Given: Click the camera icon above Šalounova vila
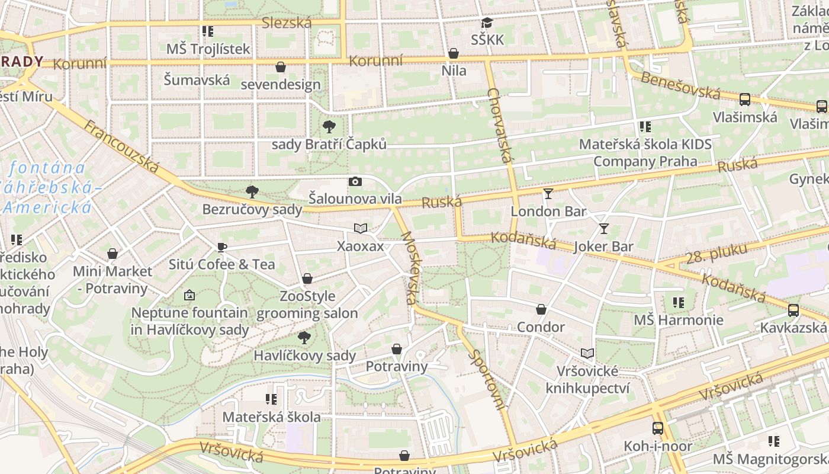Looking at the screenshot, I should (355, 182).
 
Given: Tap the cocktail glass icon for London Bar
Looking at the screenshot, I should (548, 194).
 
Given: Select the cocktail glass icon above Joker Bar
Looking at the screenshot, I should (603, 229).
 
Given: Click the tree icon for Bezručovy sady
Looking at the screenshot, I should (252, 191).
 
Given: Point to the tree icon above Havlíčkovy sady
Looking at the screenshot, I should (304, 338).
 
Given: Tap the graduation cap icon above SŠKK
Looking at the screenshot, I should (487, 23).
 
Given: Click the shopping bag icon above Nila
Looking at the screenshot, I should (454, 54).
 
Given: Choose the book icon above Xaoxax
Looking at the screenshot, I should (360, 228).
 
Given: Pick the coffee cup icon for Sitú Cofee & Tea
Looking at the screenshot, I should (222, 247).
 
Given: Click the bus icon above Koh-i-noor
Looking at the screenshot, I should (657, 428).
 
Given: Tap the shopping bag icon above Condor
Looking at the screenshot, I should (541, 309).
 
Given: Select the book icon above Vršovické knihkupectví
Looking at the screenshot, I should (587, 354).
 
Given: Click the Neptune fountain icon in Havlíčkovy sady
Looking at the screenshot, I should (189, 294).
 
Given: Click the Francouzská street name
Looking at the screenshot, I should (121, 146).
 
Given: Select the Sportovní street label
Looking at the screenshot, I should (487, 380).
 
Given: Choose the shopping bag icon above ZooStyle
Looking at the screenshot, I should (307, 278).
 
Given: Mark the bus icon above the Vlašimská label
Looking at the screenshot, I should (744, 100).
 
